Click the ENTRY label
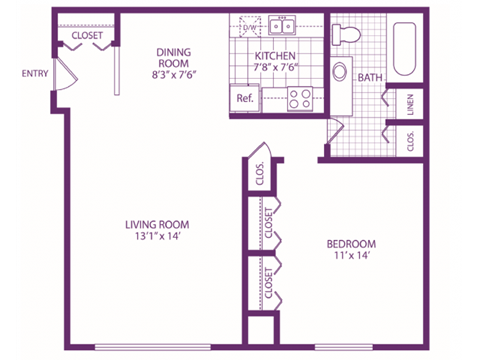pos(34,72)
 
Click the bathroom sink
pos(341,73)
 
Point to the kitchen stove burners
pos(300,98)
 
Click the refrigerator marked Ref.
pos(244,99)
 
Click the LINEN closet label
pos(411,104)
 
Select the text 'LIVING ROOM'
pos(157,224)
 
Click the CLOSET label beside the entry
pos(88,36)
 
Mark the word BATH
pos(370,76)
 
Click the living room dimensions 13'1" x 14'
pos(157,238)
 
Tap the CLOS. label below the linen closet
pos(411,141)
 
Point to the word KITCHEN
pos(277,55)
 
